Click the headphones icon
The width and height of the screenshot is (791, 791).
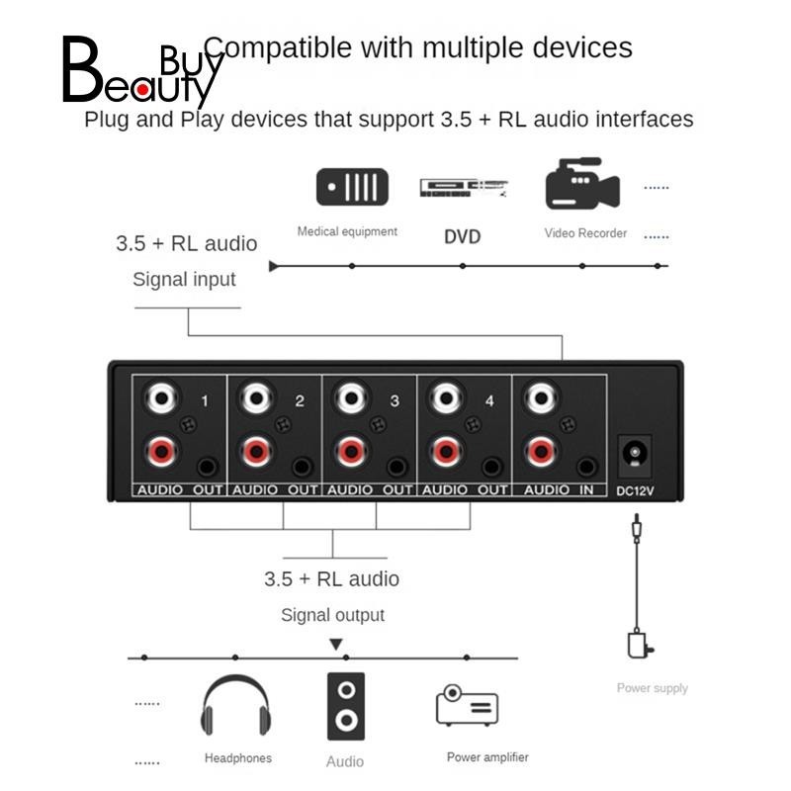coord(235,708)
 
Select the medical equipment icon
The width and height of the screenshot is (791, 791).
coord(353,187)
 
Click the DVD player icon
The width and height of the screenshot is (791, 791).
coord(463,188)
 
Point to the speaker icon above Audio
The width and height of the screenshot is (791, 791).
coord(345,706)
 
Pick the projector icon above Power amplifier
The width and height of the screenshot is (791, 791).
coord(467,706)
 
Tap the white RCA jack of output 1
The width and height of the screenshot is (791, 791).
coord(161,399)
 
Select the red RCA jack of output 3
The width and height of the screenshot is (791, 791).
coord(350,453)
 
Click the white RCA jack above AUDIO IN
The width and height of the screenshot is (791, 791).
coord(540,399)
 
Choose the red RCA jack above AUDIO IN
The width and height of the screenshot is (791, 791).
coord(540,453)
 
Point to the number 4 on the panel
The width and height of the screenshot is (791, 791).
coord(488,401)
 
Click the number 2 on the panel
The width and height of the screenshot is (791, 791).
coord(300,401)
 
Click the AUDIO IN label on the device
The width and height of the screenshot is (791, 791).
coord(560,489)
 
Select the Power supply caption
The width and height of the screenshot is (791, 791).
coord(652,688)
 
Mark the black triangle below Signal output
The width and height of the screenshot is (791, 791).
coord(336,645)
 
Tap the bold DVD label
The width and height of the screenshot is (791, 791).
coord(463,236)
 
